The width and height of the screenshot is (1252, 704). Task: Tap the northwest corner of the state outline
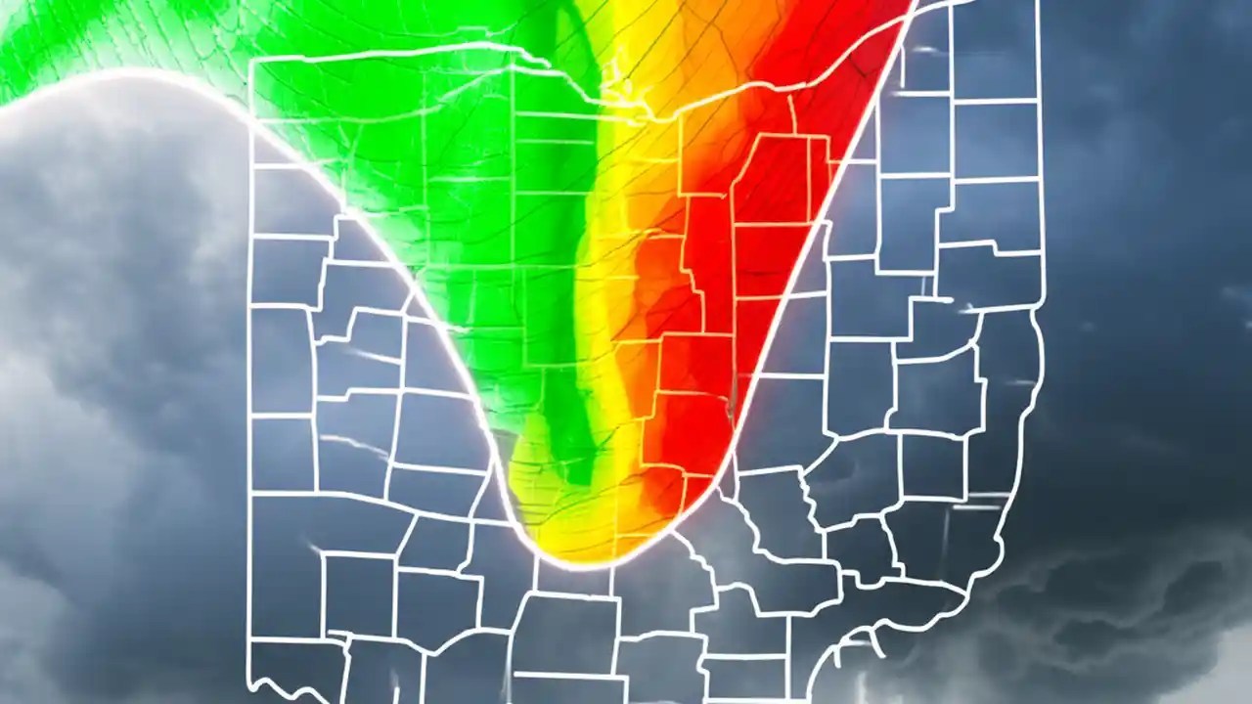(x=253, y=62)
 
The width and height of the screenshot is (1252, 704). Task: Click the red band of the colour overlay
(x=773, y=196)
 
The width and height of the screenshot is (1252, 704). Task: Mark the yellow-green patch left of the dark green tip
(x=533, y=460)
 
